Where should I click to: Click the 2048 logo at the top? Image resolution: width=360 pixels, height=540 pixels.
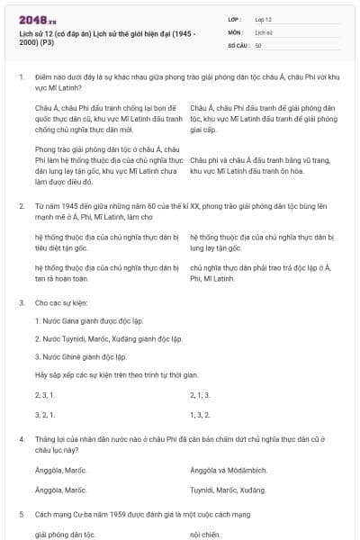pos(38,19)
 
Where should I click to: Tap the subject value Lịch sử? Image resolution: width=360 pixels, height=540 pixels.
pos(265,31)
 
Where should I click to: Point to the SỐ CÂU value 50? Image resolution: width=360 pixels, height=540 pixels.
pos(258,44)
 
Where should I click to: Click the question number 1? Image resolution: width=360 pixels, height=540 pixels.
pos(21,78)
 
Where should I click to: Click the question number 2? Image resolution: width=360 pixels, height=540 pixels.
pos(21,206)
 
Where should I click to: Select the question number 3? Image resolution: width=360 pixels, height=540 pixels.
pos(21,303)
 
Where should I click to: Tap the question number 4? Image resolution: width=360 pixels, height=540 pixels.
pos(21,436)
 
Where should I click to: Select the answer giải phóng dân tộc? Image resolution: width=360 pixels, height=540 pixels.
pos(66,534)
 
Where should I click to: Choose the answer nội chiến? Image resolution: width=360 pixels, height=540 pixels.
pos(205,534)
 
